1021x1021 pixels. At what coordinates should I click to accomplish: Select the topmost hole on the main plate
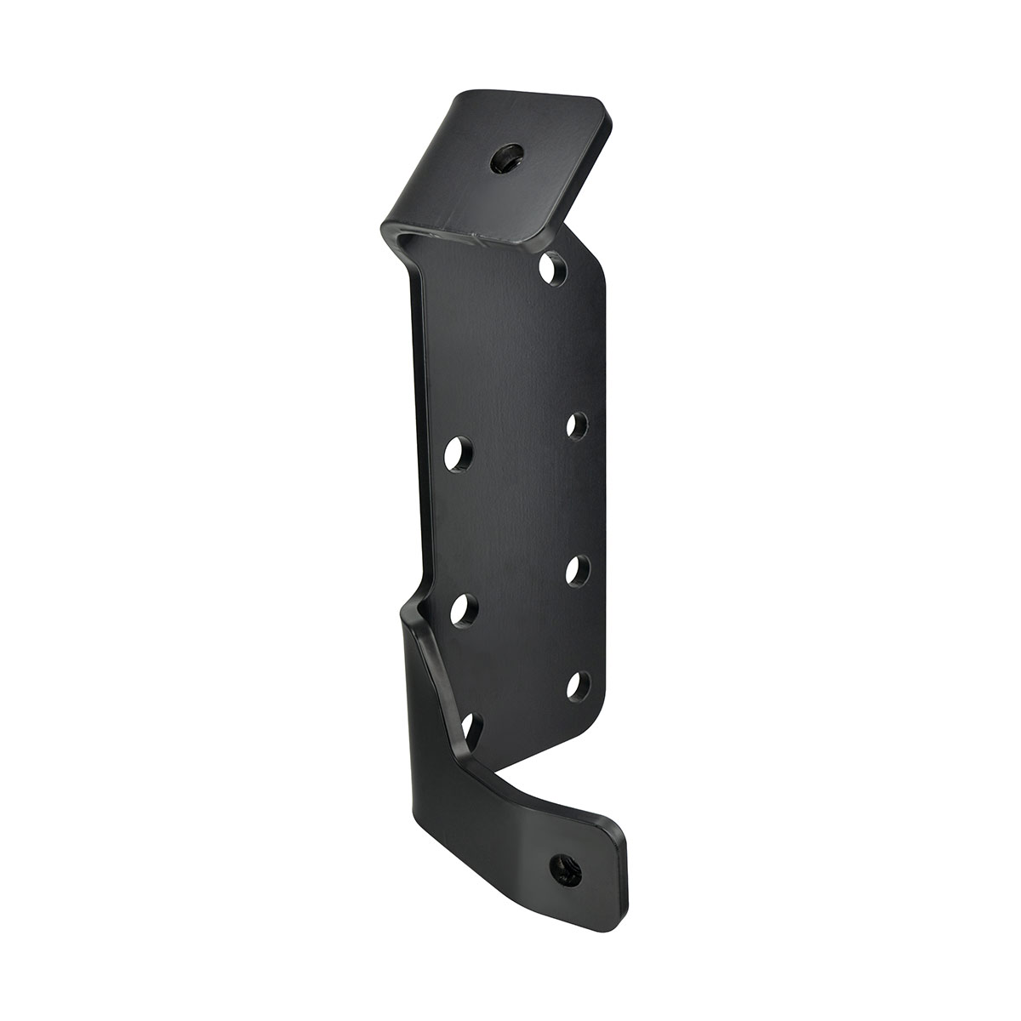coord(555,269)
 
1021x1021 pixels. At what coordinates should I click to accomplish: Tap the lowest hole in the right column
coord(578,686)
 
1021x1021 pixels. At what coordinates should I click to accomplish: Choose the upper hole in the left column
coord(459,451)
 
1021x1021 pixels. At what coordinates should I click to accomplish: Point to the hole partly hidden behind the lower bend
coord(473,727)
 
